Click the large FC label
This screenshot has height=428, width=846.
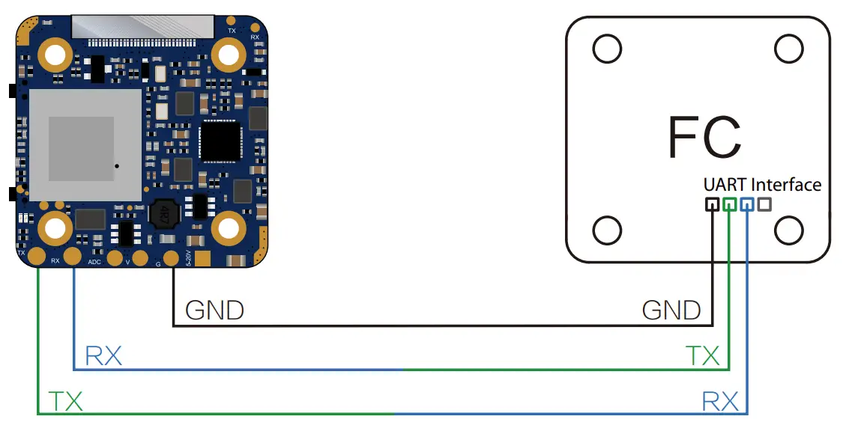coord(704,137)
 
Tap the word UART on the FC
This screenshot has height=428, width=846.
coord(725,184)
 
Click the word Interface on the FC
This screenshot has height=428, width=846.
coord(786,184)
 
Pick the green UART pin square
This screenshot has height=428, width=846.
coord(729,204)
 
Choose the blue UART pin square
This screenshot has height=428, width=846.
coord(746,204)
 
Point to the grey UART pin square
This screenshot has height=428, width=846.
coord(764,204)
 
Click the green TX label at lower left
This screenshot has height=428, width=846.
coord(65,402)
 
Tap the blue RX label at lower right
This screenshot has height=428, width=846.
coord(719,402)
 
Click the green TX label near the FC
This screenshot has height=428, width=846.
coord(702,356)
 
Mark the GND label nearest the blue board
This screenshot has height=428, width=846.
coord(214,310)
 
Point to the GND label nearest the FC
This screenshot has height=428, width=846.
coord(671,310)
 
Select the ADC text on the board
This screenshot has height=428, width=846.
coord(95,263)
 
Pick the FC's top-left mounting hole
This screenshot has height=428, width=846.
coord(607,49)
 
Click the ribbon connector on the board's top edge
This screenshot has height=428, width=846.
coord(149,28)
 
